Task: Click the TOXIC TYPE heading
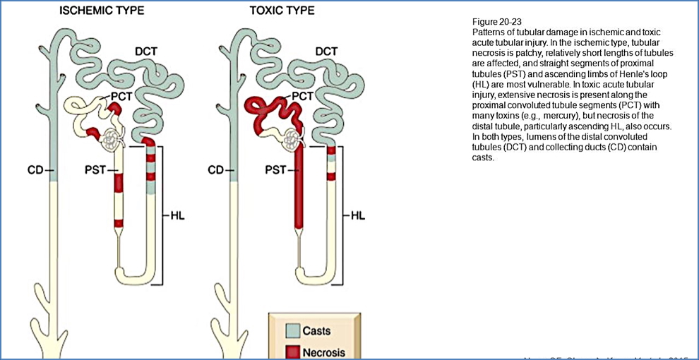(x=282, y=11)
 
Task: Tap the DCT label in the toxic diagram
(x=325, y=52)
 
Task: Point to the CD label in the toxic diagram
(x=217, y=170)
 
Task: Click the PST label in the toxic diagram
(x=275, y=170)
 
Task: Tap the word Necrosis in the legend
(x=324, y=352)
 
